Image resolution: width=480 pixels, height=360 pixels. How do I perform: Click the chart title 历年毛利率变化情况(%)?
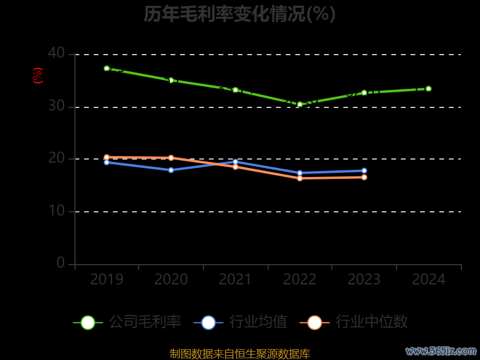(239, 14)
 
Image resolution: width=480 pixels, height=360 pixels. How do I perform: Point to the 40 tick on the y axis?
(56, 53)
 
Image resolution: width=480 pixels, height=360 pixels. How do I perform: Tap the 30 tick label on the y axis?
(56, 106)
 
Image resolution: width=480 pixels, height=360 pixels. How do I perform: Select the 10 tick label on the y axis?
(56, 211)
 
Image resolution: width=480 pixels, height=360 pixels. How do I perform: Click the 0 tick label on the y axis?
(61, 263)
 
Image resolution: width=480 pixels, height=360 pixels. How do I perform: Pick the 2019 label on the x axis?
(107, 280)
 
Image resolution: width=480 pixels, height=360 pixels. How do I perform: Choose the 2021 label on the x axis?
(235, 280)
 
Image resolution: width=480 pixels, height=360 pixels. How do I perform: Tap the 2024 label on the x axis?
(428, 280)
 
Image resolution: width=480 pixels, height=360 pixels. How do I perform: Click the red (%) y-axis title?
(38, 76)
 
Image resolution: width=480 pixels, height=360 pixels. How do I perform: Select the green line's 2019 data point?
(107, 68)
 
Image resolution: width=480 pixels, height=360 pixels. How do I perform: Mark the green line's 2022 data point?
(300, 104)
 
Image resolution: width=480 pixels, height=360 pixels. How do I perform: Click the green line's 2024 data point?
(428, 89)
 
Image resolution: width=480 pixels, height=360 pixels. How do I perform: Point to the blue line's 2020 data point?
(171, 170)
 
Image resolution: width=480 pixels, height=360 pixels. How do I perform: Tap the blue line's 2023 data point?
(364, 170)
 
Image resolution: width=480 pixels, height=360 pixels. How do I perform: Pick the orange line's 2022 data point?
(300, 178)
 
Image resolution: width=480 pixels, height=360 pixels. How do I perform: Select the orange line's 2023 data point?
(364, 177)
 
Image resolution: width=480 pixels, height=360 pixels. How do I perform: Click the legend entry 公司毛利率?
(127, 322)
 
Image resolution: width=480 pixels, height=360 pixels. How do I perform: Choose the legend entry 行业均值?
(241, 322)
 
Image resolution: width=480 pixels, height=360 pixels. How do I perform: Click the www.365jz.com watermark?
(441, 350)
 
